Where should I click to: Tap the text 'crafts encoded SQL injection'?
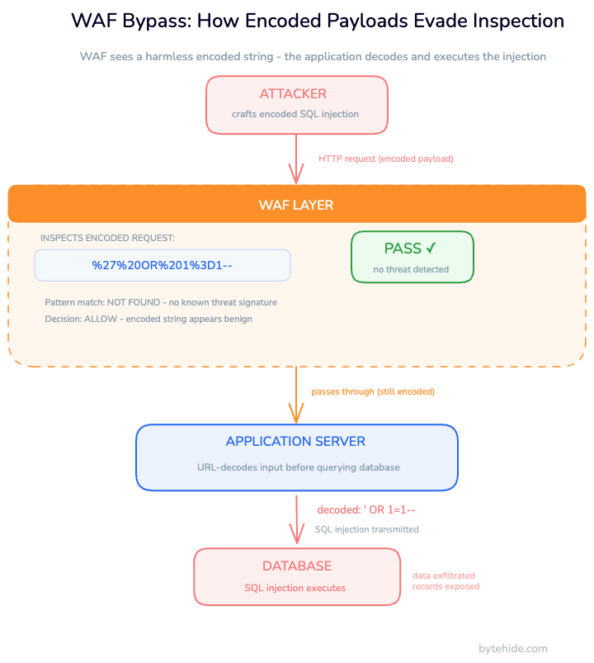pos(296,114)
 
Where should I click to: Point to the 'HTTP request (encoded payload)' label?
pos(386,159)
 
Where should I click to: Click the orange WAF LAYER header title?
pos(296,205)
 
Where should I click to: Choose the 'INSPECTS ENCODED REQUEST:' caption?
pos(107,238)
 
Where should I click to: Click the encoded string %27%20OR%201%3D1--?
pos(163,265)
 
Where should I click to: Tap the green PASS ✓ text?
pos(410,249)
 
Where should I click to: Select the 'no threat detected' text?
pos(411,269)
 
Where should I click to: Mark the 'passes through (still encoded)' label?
pos(373,391)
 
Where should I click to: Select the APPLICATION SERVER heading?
pos(295,442)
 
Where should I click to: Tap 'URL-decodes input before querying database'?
pos(298,467)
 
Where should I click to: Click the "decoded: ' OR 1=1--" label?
pos(366,510)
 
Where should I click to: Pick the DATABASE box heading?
pos(297,566)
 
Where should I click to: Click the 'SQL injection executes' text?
pos(295,588)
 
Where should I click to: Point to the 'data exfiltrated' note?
pos(444,576)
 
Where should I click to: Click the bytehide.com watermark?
pos(512,649)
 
